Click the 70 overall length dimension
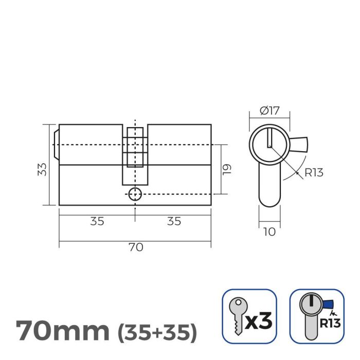coord(135,247)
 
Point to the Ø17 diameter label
coord(269,111)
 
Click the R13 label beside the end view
coord(313,172)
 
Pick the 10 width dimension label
coord(269,231)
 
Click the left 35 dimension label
coord(97,221)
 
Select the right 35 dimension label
coord(174,221)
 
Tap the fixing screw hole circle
coord(135,194)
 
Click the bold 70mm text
coord(62,331)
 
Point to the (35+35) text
coord(157,333)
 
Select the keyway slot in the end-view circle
coord(269,138)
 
